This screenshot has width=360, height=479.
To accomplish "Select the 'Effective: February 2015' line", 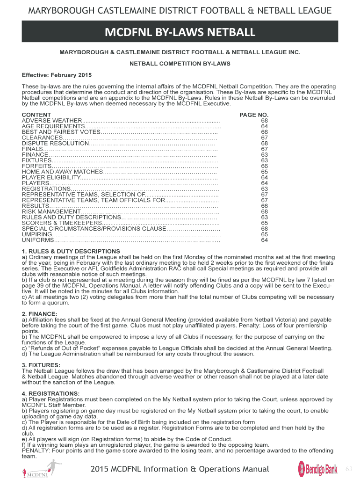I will coord(57,75).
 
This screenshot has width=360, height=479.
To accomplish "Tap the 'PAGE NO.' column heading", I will coord(254,115).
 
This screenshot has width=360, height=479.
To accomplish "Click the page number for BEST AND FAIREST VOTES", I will coord(265,132).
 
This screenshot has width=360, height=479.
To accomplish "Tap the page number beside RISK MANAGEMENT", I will coord(265,211).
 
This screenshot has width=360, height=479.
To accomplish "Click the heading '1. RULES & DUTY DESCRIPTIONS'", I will coord(65,251).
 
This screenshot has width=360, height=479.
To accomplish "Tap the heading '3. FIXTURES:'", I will coord(41,365).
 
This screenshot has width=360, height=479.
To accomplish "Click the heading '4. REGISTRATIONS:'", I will coord(50,393).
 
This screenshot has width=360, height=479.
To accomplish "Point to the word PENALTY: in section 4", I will coord(36,451).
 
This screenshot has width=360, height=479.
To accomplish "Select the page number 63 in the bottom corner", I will coord(348,469).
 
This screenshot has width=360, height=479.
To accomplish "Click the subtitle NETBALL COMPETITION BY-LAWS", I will coord(180,64).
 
